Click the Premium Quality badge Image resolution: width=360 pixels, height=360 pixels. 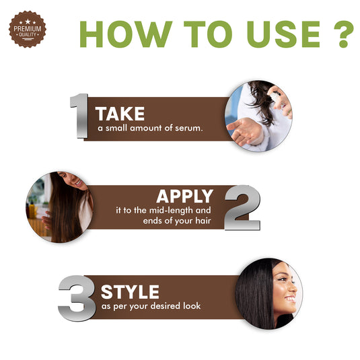[x=25, y=30]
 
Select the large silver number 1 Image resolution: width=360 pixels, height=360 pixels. [x=79, y=116]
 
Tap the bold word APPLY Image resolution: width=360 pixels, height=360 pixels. [x=184, y=196]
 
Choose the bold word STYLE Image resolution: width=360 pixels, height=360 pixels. [x=130, y=292]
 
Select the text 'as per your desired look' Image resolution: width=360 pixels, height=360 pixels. [x=151, y=306]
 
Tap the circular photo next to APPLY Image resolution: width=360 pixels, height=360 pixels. [x=59, y=206]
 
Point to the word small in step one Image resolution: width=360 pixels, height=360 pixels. [x=115, y=128]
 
